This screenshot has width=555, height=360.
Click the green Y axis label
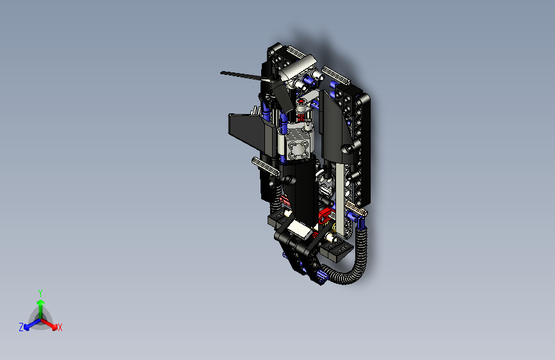click(40, 292)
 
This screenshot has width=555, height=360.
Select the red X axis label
click(60, 328)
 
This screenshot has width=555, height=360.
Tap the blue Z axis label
click(21, 327)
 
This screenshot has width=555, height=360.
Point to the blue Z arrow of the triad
click(29, 324)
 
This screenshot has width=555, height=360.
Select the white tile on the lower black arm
click(299, 228)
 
